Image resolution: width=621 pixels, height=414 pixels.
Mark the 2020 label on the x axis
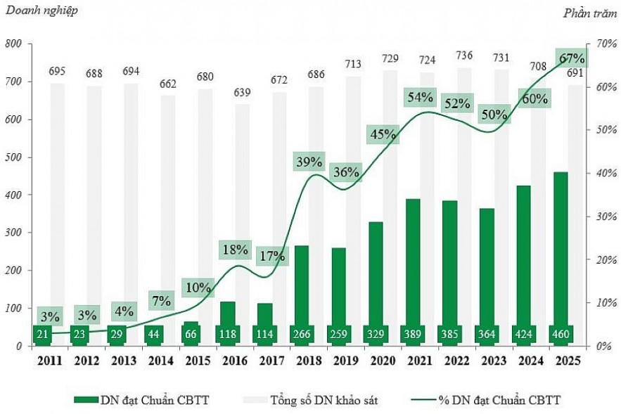pos(378,360)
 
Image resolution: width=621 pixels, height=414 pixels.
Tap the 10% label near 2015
pos(198,287)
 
